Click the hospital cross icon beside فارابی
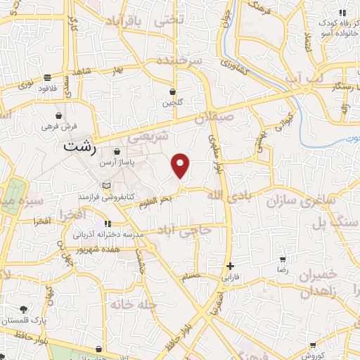231,266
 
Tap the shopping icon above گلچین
174,92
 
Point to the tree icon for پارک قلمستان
24,309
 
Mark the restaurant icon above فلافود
46,77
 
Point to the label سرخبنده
179,62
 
